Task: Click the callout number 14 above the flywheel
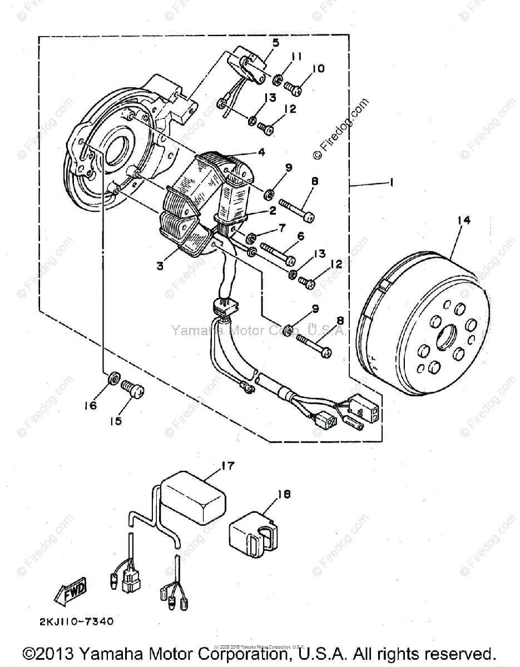point(463,220)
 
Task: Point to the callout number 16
point(90,406)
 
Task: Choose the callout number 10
point(318,68)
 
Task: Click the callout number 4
point(261,152)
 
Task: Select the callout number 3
point(159,266)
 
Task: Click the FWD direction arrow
point(67,588)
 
